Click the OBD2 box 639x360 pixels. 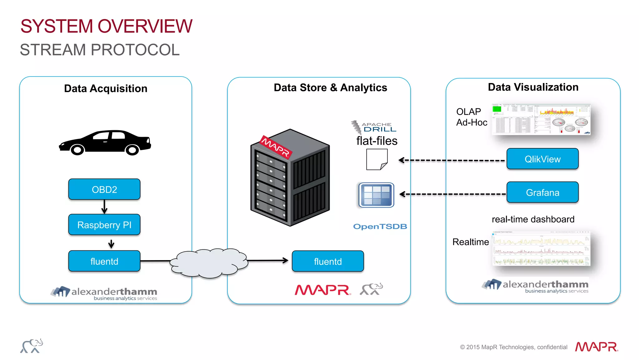click(x=104, y=189)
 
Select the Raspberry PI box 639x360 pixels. click(x=104, y=224)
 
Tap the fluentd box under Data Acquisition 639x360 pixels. click(x=104, y=261)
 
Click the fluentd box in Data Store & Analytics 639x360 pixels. click(x=328, y=261)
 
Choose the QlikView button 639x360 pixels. click(x=542, y=159)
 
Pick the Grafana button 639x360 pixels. click(x=542, y=192)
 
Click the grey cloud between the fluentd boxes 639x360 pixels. click(x=208, y=263)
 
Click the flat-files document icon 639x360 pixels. click(x=377, y=159)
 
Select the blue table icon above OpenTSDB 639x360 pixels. click(x=376, y=195)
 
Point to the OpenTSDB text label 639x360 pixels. click(x=380, y=226)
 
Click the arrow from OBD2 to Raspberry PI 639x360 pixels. click(x=104, y=207)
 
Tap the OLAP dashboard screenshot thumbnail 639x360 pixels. click(x=541, y=119)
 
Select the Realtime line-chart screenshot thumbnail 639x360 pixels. click(x=541, y=249)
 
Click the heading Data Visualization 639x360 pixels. click(x=533, y=87)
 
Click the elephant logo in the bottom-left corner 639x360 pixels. click(x=32, y=346)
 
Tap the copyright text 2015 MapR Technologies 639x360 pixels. click(x=513, y=347)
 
